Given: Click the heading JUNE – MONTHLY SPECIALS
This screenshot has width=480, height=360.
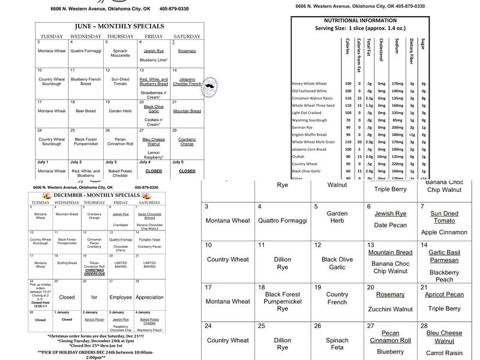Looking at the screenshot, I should (x=119, y=27).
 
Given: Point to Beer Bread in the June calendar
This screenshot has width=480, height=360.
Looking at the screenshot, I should (x=86, y=111).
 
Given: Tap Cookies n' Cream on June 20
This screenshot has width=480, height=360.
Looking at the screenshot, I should (x=154, y=122).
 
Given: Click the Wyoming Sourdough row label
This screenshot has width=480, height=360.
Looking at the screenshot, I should (x=310, y=120).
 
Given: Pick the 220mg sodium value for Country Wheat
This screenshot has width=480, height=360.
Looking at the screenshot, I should (x=397, y=163).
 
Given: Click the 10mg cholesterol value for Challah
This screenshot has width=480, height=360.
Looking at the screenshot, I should (x=382, y=156).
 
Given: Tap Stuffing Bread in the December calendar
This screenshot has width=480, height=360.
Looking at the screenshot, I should (x=66, y=263).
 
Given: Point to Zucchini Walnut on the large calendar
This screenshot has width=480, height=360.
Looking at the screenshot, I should (x=391, y=309).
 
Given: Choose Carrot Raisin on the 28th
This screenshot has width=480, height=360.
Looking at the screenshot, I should (x=445, y=353).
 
